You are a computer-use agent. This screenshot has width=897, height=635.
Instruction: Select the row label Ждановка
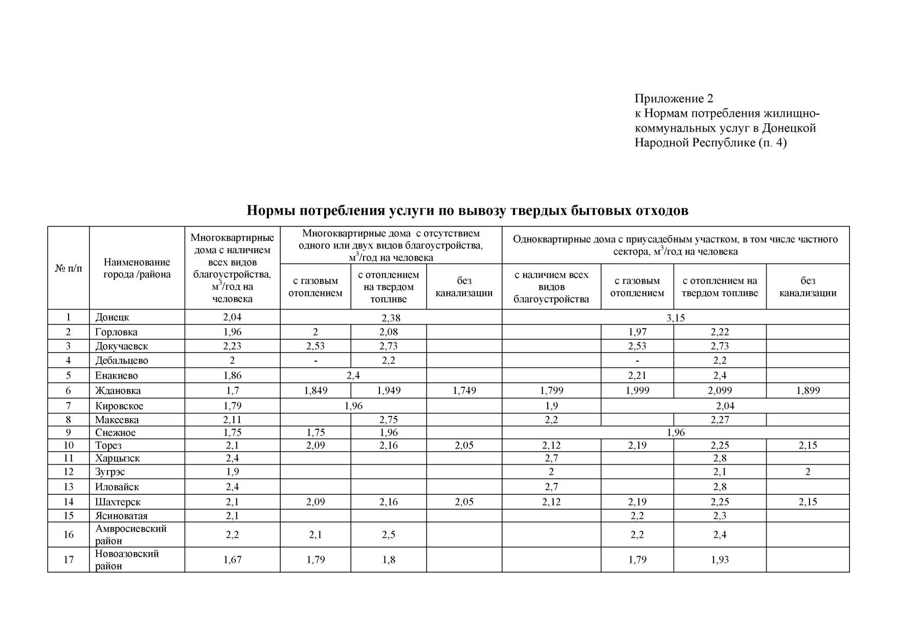tap(118, 391)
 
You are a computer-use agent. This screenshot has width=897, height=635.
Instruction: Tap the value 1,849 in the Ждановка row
tap(316, 391)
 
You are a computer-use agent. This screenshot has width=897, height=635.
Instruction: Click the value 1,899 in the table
tap(808, 391)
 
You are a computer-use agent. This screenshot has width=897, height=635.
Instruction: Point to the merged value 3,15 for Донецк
tap(675, 318)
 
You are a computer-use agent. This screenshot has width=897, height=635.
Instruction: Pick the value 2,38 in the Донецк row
tap(391, 318)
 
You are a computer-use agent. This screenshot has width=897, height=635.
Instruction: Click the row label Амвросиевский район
tap(131, 535)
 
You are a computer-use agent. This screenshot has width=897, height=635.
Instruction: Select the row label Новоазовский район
tap(127, 560)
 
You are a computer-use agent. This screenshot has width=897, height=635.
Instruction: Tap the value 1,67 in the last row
tap(232, 560)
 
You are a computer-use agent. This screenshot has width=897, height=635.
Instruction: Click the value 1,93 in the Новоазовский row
tap(720, 560)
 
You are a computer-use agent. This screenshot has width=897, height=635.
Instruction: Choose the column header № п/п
tap(69, 268)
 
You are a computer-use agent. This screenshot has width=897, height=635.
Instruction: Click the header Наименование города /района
tap(137, 268)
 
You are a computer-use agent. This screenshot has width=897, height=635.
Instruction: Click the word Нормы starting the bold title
tap(270, 210)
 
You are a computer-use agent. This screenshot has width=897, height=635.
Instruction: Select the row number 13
tap(69, 487)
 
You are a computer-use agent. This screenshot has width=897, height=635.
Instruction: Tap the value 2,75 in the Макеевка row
tap(389, 420)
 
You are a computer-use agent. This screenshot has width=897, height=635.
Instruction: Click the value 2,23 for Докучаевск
tap(232, 346)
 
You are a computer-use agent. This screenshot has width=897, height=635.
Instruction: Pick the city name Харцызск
tap(117, 458)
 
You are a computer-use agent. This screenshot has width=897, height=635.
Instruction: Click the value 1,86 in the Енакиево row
tap(232, 376)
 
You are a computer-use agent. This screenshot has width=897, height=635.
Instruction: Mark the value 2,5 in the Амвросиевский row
tap(389, 535)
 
